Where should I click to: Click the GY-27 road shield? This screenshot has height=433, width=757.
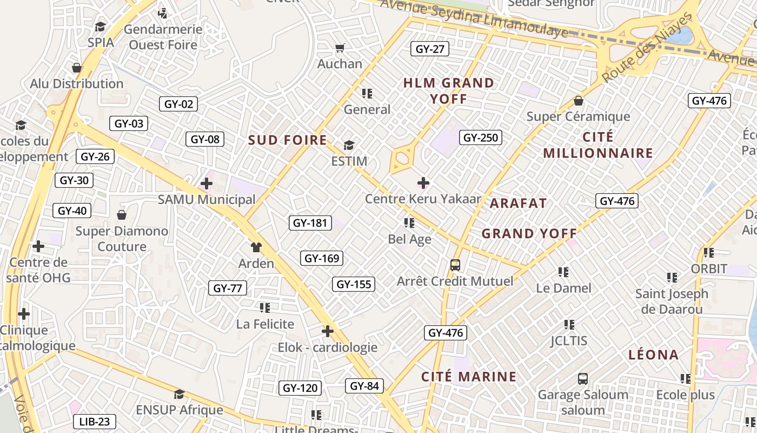click(x=430, y=49)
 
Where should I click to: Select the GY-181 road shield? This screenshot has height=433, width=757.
click(x=310, y=222)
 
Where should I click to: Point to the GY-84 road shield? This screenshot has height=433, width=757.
click(x=364, y=386)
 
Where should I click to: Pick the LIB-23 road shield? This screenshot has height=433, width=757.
click(x=94, y=422)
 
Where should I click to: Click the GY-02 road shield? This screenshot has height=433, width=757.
click(x=178, y=104)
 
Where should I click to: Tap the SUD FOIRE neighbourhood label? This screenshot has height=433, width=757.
click(x=287, y=141)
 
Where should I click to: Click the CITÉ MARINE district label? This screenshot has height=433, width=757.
click(x=469, y=377)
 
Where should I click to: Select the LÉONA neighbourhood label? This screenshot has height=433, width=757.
click(x=653, y=355)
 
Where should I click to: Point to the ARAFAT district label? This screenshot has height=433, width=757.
click(x=518, y=204)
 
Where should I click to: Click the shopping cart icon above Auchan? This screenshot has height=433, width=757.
click(x=340, y=48)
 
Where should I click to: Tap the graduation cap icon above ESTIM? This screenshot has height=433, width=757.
click(x=349, y=145)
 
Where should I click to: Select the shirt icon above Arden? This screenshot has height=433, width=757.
click(x=256, y=247)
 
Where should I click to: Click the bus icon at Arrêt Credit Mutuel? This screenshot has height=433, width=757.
click(x=455, y=265)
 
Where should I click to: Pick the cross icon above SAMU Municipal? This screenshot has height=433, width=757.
click(x=207, y=183)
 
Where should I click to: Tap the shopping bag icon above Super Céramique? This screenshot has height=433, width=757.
click(x=579, y=101)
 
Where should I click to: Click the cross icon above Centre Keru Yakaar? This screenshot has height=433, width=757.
click(x=423, y=183)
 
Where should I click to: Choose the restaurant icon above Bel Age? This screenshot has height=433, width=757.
click(x=409, y=222)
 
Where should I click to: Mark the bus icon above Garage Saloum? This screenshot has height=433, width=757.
click(x=583, y=378)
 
